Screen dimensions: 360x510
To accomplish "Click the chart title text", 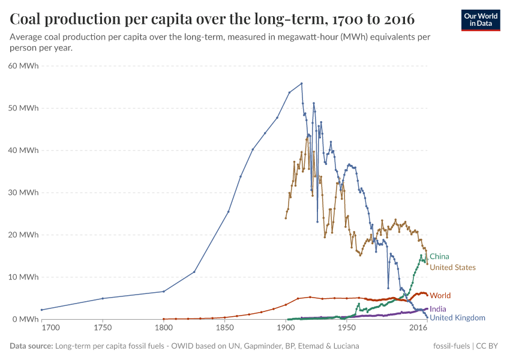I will coord(212,19).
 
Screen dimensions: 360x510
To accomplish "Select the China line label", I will coord(439,256).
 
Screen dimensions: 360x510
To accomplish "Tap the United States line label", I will coord(452,268).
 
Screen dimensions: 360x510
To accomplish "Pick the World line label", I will coord(440,296).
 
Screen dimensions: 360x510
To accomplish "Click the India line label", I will coord(438,309).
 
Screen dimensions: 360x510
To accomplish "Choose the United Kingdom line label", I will coord(457,318).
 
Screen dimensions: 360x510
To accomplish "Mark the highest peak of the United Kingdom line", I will coord(301,83).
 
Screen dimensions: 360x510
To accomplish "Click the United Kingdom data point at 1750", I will coord(103,298).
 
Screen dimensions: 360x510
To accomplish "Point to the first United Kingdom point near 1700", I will coord(41,310).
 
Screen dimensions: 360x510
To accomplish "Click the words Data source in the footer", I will coord(30,346).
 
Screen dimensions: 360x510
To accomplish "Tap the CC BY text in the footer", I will coord(488,346).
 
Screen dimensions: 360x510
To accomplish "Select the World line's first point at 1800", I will coord(164,319).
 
